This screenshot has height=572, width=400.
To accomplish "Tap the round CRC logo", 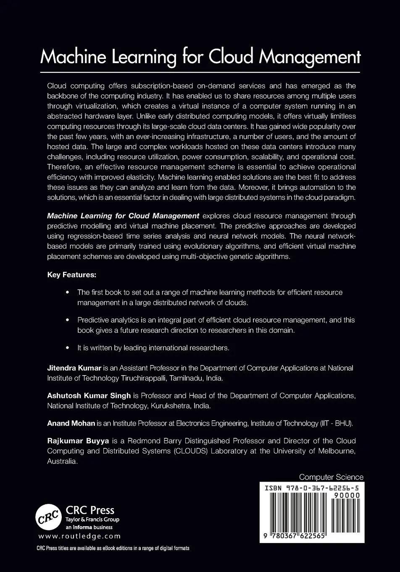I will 48,518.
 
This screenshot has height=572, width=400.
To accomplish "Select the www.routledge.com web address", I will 79,536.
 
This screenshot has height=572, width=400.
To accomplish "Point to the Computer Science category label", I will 331,477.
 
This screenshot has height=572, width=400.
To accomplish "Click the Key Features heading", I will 71,275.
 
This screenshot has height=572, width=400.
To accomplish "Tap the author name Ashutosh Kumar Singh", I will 89,396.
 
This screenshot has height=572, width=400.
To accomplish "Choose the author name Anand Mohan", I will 71,424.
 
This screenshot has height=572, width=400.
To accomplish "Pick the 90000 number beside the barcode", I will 346,496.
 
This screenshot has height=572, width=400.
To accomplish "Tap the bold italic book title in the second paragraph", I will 123,216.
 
